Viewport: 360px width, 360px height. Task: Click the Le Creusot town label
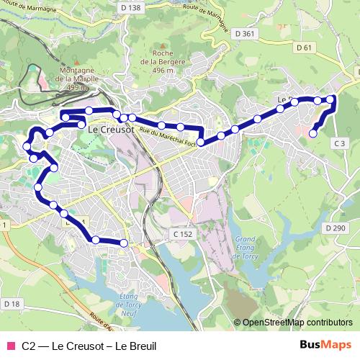(111, 130)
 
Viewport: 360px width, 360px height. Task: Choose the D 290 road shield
(336, 228)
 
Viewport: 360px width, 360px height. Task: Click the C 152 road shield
(183, 235)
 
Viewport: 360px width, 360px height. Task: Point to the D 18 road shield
(12, 304)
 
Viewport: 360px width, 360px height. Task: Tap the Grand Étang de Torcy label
(246, 247)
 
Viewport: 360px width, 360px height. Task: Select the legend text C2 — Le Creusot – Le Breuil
(89, 346)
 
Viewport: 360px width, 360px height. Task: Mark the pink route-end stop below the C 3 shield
(313, 133)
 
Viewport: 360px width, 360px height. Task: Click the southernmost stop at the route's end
(124, 243)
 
